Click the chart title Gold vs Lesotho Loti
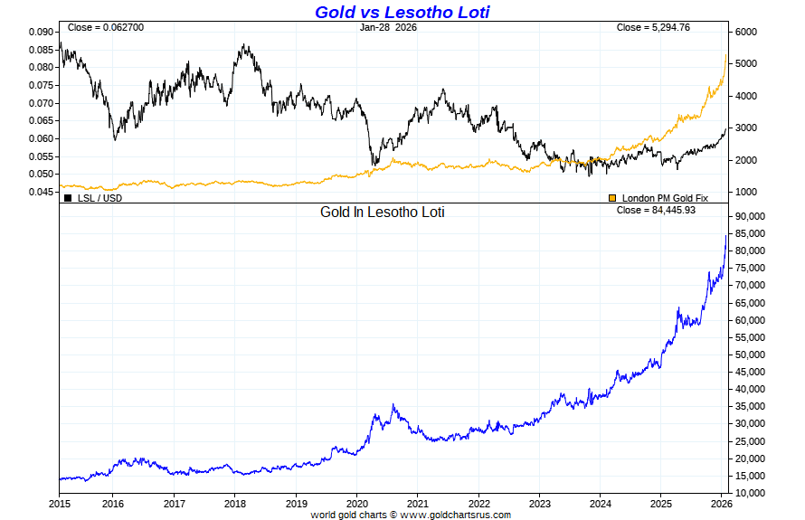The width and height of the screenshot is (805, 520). (x=402, y=12)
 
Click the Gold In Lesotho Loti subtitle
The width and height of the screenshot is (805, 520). (x=383, y=213)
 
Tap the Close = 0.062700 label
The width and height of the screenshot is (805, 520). (x=106, y=27)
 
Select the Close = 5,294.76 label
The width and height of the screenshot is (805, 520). (x=653, y=27)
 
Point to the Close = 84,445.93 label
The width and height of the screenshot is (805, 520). (x=655, y=209)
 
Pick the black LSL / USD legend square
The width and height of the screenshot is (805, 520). (x=69, y=197)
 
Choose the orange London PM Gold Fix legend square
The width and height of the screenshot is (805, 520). (x=611, y=197)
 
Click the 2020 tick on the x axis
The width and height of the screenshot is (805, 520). (x=357, y=503)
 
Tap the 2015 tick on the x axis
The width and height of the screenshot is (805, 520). (x=60, y=503)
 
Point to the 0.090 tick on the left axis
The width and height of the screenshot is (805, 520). (x=41, y=32)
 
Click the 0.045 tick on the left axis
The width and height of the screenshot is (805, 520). (x=41, y=192)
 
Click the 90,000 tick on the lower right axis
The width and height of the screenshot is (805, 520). (x=753, y=216)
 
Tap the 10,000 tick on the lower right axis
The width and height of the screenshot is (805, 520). (x=753, y=493)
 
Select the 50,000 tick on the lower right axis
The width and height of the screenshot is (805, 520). (x=753, y=355)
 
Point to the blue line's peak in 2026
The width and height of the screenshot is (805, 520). (x=726, y=236)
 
